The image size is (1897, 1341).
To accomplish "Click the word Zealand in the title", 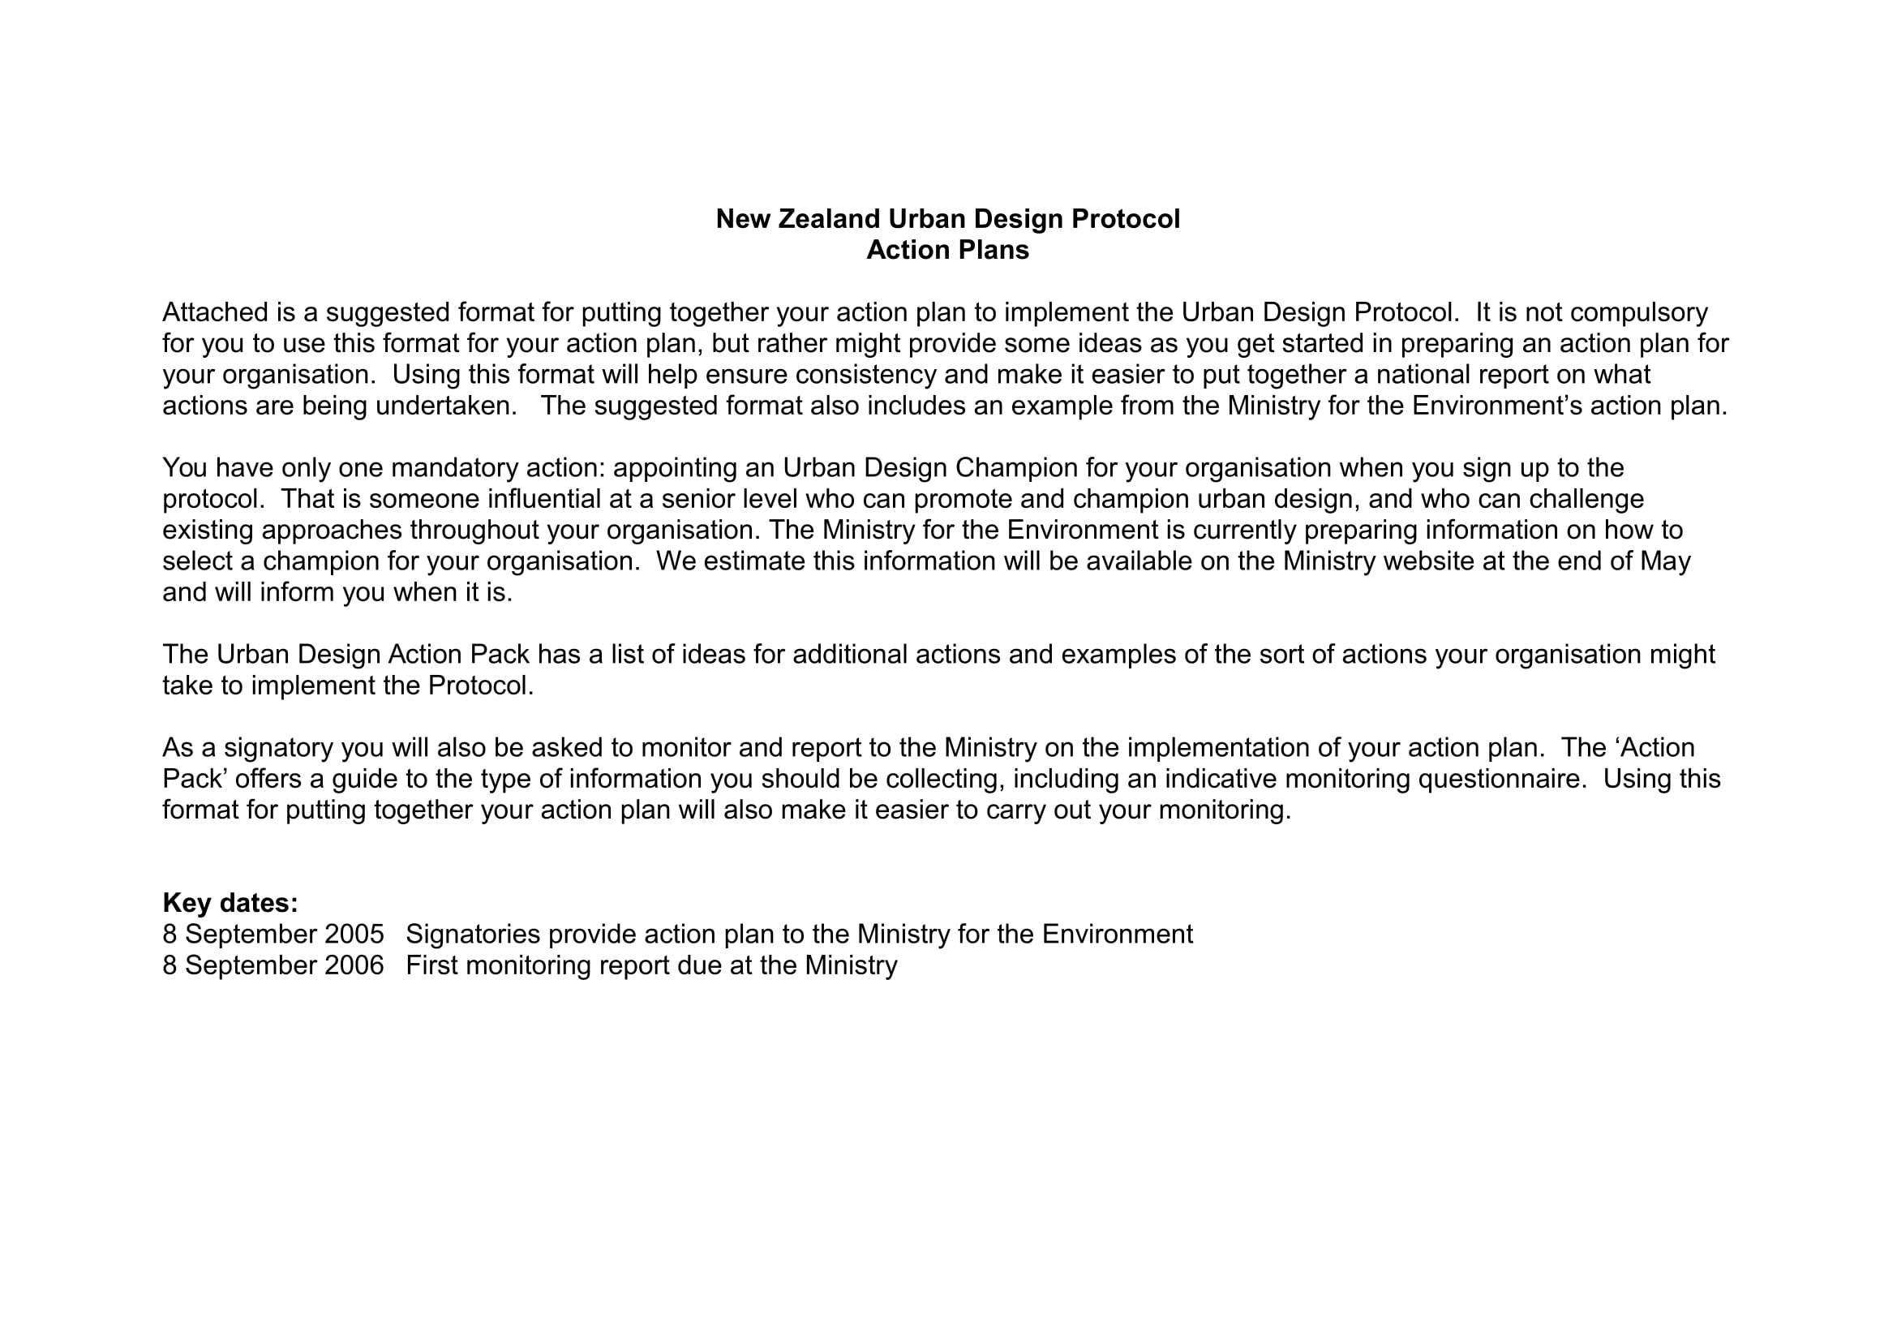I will [830, 219].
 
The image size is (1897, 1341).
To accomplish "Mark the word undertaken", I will [446, 406].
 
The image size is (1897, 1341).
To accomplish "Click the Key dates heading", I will [230, 903].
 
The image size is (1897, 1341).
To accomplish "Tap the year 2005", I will [354, 935].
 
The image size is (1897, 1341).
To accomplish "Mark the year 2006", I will [354, 966].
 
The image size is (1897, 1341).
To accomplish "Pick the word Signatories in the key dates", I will [473, 935].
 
